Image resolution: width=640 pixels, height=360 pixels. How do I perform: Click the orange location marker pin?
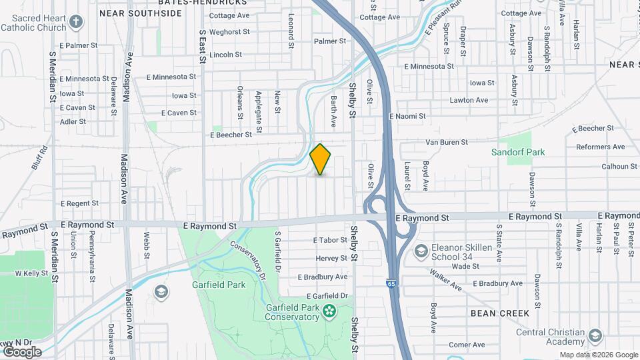321,159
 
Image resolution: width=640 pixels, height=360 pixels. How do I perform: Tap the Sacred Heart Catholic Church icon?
76,22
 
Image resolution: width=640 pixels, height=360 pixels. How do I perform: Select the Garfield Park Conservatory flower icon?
329,311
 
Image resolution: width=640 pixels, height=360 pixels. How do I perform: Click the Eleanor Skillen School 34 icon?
421,251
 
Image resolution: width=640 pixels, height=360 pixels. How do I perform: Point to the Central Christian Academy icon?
595,335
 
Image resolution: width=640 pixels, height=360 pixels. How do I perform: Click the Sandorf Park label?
518,152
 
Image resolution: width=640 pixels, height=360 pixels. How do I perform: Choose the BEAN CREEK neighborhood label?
499,313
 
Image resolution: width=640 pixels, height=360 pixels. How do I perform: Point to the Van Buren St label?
447,142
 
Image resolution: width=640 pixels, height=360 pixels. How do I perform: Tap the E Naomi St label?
407,116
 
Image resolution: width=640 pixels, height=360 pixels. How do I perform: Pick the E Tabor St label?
330,240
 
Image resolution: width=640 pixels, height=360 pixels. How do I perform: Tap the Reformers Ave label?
600,147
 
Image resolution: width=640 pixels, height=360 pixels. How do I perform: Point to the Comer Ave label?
467,345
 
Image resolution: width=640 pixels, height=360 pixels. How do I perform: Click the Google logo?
21,351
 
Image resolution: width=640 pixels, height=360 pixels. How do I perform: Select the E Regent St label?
79,203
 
